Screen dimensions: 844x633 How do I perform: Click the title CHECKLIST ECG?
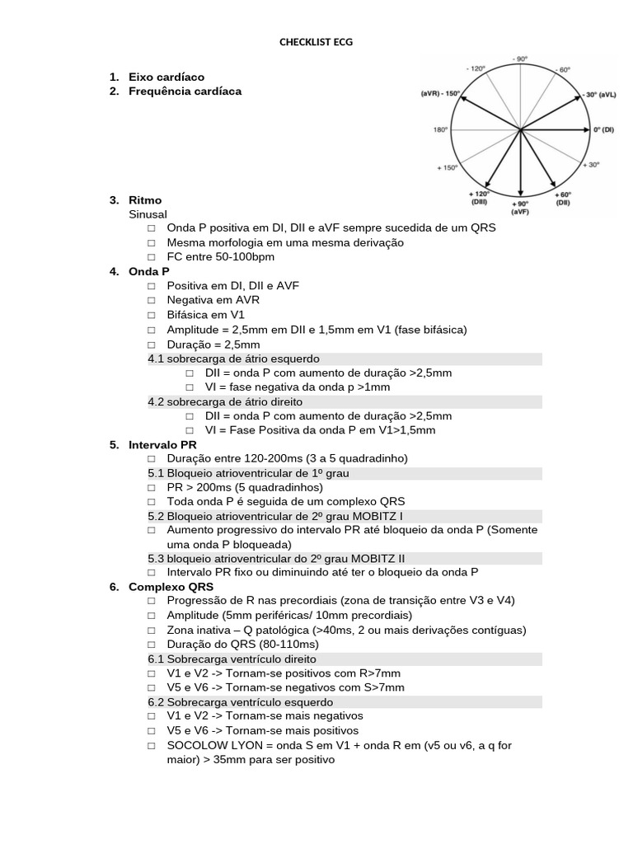point(316,42)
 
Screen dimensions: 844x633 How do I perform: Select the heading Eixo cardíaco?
point(166,77)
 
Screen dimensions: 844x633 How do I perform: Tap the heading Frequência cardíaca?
point(185,91)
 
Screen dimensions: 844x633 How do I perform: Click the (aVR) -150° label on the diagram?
point(441,93)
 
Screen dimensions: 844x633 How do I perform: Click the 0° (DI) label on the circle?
point(603,129)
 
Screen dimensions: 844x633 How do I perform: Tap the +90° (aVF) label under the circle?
point(520,207)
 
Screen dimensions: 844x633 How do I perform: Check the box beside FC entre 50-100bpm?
point(152,257)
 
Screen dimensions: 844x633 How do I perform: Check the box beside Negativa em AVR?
point(152,301)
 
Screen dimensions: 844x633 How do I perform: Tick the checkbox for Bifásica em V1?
point(152,315)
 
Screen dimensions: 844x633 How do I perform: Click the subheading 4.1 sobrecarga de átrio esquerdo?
point(234,359)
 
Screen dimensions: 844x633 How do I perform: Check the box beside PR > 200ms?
point(152,488)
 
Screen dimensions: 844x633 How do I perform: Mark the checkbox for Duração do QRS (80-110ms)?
point(152,645)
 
